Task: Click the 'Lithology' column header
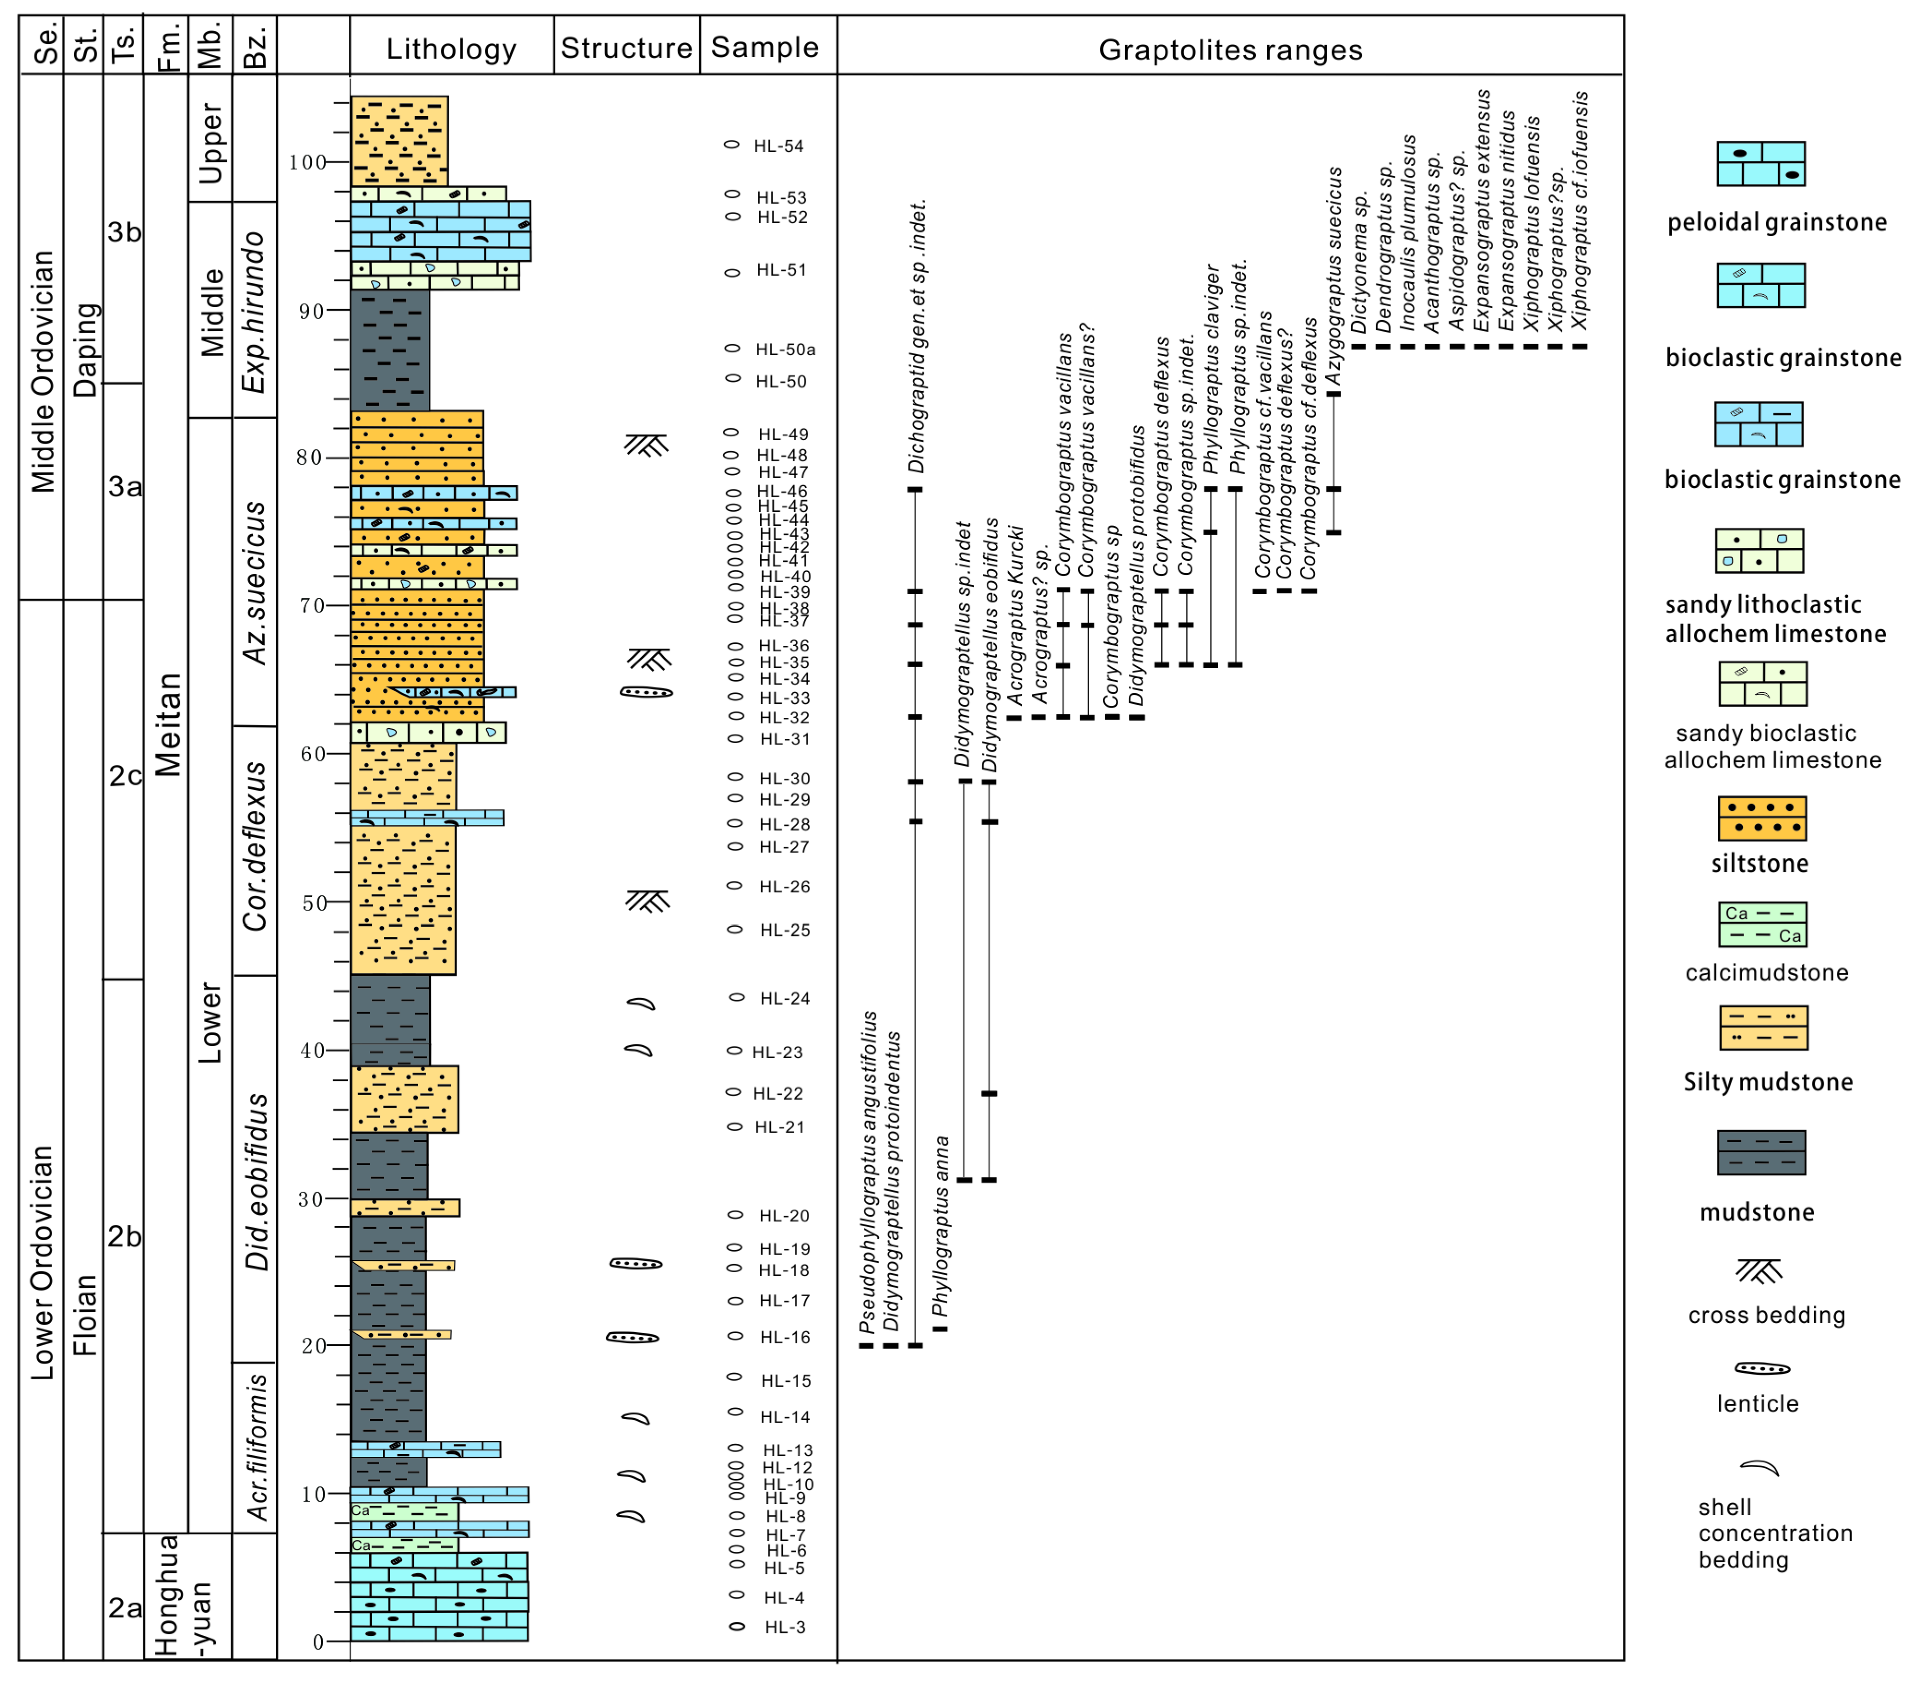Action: [x=451, y=49]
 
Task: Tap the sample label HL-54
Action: [x=778, y=146]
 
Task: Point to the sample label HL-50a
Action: [x=785, y=350]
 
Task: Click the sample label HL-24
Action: [x=784, y=999]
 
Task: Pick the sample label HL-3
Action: [x=784, y=1627]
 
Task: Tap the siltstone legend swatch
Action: [x=1761, y=819]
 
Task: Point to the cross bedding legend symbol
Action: [x=1758, y=1271]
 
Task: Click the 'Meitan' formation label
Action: [x=168, y=724]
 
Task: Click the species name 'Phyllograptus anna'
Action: [x=941, y=1225]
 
